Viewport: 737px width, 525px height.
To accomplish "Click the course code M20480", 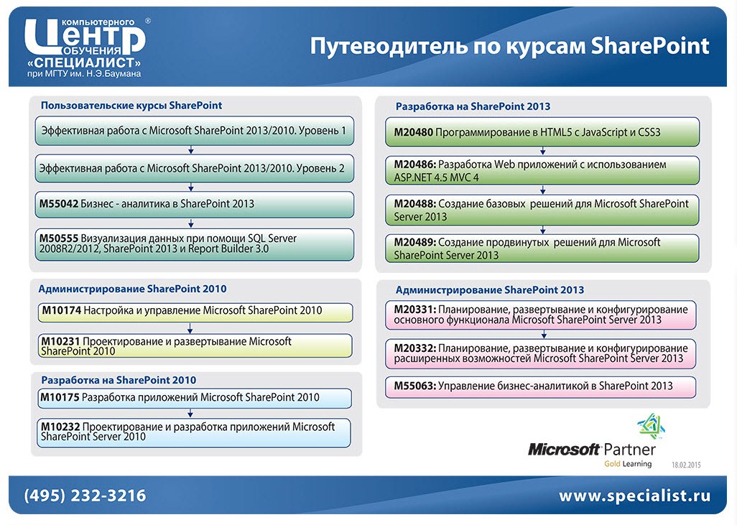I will tap(413, 133).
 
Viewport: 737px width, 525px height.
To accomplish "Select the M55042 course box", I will tap(194, 204).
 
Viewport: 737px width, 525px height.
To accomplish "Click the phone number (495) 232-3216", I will tap(85, 496).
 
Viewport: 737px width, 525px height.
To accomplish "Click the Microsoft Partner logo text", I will tap(591, 450).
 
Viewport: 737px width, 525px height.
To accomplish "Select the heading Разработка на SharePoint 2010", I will tap(119, 380).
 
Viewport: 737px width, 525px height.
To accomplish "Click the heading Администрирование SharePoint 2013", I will tap(489, 290).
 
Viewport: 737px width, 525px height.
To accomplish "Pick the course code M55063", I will tap(414, 386).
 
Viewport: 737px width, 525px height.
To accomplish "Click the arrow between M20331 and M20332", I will tap(544, 333).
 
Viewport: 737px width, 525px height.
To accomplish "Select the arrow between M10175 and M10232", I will tap(191, 413).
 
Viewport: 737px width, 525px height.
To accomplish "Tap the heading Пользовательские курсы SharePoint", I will tap(131, 106).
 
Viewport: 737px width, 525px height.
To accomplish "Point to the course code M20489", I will tap(414, 243).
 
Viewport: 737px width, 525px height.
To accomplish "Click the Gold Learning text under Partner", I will tap(627, 464).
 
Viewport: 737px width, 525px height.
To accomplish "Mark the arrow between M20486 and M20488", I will tap(544, 188).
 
